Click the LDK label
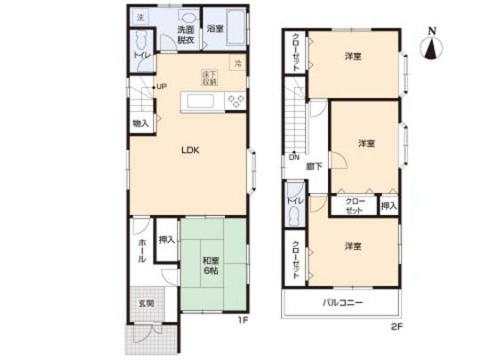[x=190, y=149]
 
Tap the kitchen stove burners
[x=236, y=100]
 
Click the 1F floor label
[x=241, y=321]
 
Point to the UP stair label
[x=162, y=86]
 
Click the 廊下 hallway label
[x=314, y=165]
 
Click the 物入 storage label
[x=140, y=123]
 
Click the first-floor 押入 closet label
[x=166, y=239]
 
